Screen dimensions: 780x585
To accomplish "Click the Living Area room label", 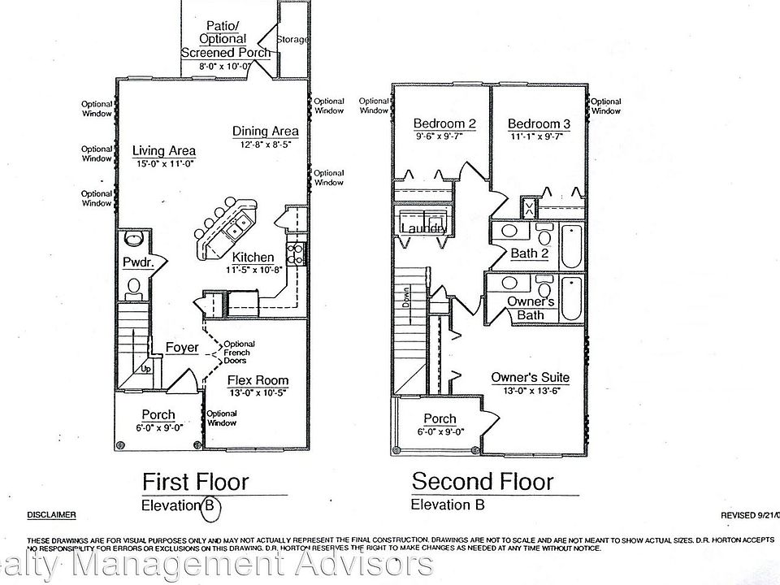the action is click(164, 151).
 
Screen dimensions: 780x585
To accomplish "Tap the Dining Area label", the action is click(265, 131).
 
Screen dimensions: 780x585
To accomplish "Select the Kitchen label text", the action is click(253, 258).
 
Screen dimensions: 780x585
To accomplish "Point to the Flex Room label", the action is click(257, 380).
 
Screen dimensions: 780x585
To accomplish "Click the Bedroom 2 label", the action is click(444, 123).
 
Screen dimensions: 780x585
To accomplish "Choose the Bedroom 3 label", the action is click(539, 123).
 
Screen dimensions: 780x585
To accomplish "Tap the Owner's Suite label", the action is click(530, 378).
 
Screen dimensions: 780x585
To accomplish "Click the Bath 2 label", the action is click(530, 253).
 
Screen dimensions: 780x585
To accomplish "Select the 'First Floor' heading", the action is click(196, 481).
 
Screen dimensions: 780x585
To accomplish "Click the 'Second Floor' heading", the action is click(483, 481).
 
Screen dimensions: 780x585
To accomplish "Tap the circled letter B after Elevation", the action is click(210, 505).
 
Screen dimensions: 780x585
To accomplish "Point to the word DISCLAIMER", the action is click(52, 514).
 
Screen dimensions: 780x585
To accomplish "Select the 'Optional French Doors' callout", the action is click(238, 353).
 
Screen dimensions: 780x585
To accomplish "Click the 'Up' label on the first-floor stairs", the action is click(147, 368).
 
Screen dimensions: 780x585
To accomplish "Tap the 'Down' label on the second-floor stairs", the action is click(405, 301).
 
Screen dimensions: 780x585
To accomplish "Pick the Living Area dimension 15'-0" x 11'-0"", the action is click(164, 165).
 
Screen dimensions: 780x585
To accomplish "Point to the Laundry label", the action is click(422, 229).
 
